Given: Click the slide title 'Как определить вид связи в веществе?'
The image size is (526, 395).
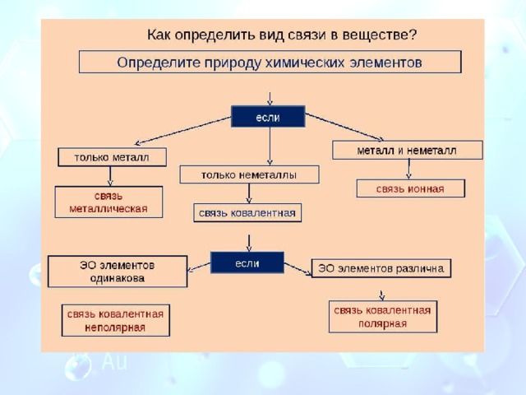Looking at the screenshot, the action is [282, 35].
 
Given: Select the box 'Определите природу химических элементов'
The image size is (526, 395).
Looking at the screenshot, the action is [270, 62].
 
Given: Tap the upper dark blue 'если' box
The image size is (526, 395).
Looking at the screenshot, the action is [268, 117].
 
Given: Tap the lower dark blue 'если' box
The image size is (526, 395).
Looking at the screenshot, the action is [247, 263].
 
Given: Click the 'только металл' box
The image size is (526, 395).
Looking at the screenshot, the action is [112, 157].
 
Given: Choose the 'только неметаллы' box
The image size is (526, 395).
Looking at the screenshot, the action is [249, 174].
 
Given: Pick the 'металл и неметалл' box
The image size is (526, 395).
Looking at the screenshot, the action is [408, 150].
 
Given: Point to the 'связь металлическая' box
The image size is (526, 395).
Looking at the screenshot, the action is [108, 202].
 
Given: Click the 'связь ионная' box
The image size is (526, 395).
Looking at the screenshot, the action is [411, 188].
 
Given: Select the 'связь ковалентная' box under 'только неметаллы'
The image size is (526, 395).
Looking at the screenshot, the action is [247, 212].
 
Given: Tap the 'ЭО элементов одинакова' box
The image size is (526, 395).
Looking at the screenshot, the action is [118, 272].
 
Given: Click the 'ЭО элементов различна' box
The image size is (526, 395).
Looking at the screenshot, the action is [381, 268].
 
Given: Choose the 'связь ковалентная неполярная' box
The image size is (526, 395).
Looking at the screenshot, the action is [115, 320].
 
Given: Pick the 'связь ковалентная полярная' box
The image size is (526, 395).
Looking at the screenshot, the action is [383, 317].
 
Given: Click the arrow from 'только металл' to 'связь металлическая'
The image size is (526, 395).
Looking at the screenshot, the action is [110, 176].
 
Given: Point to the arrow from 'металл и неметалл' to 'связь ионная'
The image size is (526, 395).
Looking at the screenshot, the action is [408, 169].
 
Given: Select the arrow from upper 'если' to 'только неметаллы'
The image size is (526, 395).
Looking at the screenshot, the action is [270, 146].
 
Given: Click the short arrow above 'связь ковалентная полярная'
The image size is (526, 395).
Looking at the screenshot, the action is [381, 295].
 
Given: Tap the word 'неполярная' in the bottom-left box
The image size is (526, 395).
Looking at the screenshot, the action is [115, 328].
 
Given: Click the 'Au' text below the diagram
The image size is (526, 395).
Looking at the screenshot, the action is [115, 361].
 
